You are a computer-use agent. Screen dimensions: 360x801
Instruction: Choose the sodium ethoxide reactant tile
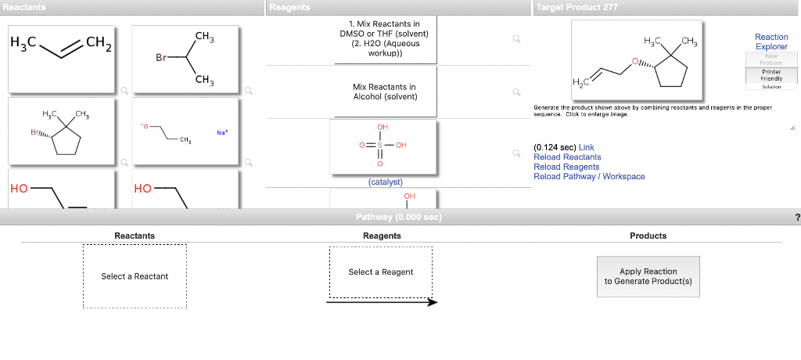(185, 131)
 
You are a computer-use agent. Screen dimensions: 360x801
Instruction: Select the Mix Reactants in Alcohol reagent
(384, 92)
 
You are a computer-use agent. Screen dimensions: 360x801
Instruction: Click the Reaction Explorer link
(770, 41)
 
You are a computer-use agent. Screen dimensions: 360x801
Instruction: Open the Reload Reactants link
(567, 157)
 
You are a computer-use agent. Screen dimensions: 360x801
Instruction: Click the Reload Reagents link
(566, 167)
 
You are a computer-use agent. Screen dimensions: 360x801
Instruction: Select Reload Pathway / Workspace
(589, 177)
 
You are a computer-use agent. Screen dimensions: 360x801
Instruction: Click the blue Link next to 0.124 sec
(586, 147)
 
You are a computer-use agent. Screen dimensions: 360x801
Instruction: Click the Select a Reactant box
(135, 276)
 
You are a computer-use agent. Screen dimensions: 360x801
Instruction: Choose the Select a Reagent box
(381, 272)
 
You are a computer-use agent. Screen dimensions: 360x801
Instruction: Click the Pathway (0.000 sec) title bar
(398, 217)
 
